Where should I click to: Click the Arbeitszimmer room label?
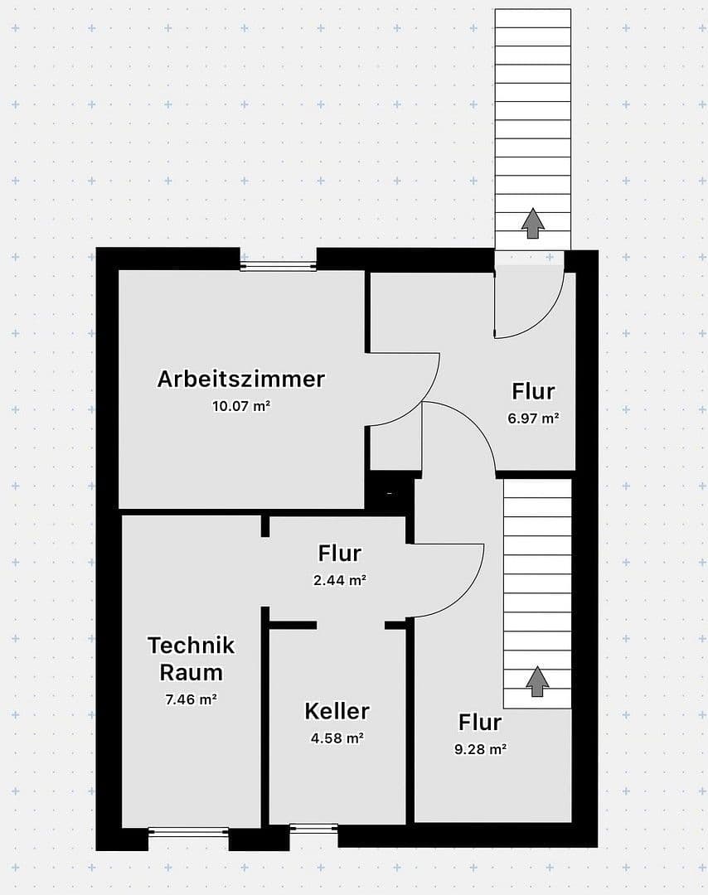click(x=241, y=379)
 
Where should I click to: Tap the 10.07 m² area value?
click(x=241, y=406)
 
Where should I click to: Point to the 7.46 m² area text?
click(x=192, y=699)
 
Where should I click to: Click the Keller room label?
click(x=337, y=710)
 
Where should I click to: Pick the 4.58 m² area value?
click(x=337, y=737)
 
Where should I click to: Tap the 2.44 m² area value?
click(x=340, y=580)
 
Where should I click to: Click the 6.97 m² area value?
click(x=533, y=418)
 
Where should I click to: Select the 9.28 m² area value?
click(x=480, y=748)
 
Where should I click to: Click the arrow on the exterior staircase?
click(x=532, y=223)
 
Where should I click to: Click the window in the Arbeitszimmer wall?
click(x=279, y=266)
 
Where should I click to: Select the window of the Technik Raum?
click(x=188, y=831)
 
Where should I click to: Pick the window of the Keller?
click(x=314, y=827)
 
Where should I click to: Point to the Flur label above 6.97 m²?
click(x=533, y=391)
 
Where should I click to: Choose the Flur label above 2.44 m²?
click(x=340, y=553)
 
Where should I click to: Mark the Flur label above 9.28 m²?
click(x=480, y=722)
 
